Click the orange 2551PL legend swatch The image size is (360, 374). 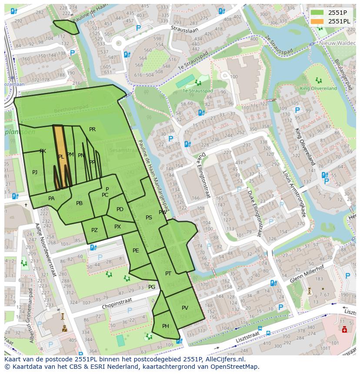pyautogui.click(x=317, y=21)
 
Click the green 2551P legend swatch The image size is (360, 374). pyautogui.click(x=317, y=13)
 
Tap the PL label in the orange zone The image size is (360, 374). pyautogui.click(x=61, y=157)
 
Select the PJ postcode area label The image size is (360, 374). pyautogui.click(x=35, y=172)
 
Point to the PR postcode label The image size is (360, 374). pyautogui.click(x=92, y=129)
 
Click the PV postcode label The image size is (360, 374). pyautogui.click(x=185, y=308)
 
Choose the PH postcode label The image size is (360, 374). pyautogui.click(x=166, y=326)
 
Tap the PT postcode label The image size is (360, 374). pyautogui.click(x=168, y=273)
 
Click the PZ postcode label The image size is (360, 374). pyautogui.click(x=94, y=231)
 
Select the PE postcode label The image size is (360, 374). pyautogui.click(x=136, y=251)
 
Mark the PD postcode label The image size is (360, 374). pyautogui.click(x=120, y=209)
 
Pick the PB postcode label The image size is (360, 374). pyautogui.click(x=79, y=203)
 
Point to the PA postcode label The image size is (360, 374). pyautogui.click(x=51, y=199)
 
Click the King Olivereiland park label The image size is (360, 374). pyautogui.click(x=318, y=88)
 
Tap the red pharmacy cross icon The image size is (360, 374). pyautogui.click(x=344, y=330)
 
